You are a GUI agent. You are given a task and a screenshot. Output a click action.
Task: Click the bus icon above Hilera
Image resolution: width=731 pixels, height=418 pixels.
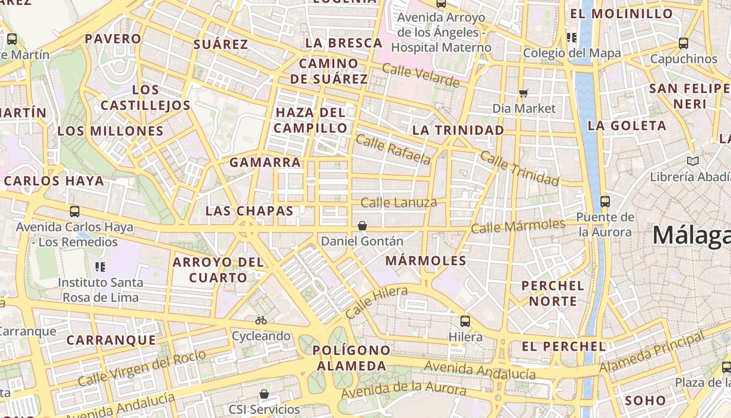click(465, 321)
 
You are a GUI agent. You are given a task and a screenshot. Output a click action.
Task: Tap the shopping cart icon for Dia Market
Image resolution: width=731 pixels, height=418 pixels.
click(524, 93)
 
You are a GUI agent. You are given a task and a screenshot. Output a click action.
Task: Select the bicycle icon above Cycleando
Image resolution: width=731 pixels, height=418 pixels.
click(261, 320)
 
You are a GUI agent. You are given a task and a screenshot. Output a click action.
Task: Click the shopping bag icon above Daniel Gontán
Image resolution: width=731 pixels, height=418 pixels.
click(362, 226)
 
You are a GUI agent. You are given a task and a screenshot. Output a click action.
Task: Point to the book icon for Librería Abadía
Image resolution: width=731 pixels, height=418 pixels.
click(693, 161)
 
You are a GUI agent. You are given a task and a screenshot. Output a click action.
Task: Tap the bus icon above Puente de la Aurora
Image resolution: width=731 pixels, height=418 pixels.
click(605, 201)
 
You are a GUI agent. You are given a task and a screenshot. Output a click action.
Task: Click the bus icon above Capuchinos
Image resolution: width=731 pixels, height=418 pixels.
click(683, 43)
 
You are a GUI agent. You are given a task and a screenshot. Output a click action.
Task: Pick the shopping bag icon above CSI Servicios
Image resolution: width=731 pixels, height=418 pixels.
click(264, 393)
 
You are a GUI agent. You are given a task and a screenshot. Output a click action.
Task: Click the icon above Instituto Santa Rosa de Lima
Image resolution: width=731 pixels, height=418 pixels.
click(100, 267)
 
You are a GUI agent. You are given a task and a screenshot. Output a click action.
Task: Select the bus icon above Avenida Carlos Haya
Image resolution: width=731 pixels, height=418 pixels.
click(75, 212)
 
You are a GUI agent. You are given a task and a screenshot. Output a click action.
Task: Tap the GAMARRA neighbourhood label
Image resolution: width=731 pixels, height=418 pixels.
click(265, 162)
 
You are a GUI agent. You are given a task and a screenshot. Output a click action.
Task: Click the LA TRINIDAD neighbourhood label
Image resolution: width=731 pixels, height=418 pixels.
click(458, 130)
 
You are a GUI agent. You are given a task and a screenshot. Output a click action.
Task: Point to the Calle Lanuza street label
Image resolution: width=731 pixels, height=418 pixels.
click(399, 202)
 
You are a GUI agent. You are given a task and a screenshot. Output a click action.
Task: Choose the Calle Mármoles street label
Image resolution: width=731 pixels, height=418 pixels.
click(518, 226)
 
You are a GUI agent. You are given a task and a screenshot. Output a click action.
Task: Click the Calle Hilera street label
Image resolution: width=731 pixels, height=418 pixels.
click(376, 302)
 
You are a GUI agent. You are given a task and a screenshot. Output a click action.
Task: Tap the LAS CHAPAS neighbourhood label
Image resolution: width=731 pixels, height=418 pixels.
click(250, 211)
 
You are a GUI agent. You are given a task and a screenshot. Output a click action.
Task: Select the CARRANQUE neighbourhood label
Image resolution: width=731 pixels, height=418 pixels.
click(111, 340)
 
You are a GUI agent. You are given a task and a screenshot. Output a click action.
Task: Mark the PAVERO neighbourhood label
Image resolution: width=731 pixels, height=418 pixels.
click(113, 39)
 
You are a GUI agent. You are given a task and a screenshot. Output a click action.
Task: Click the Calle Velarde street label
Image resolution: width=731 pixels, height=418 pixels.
click(421, 75)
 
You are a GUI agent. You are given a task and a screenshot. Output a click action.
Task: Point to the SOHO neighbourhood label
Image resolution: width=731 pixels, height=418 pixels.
click(645, 401)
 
